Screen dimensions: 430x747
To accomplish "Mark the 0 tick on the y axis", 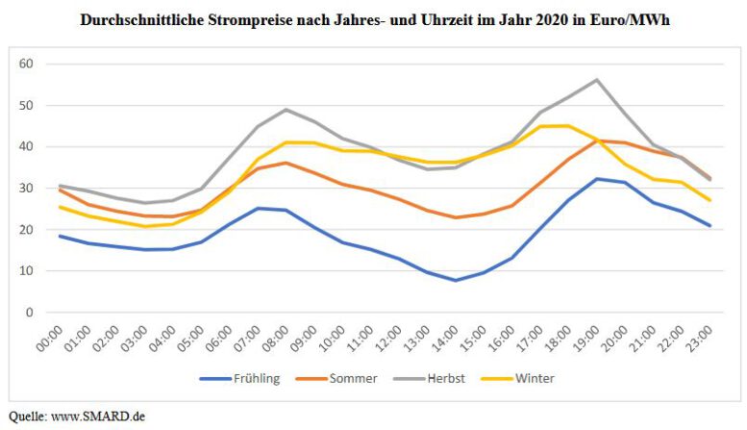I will pyautogui.click(x=29, y=313).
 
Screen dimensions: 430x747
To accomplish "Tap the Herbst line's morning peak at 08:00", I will pyautogui.click(x=286, y=110).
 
